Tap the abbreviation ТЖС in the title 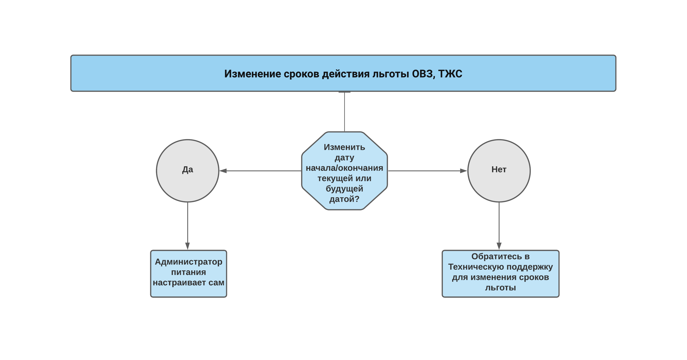450,74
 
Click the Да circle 188,171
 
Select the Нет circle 499,171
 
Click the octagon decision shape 344,171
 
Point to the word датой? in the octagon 344,199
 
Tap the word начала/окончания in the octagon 344,168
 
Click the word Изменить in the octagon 344,147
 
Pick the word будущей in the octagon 344,189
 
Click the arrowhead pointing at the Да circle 223,171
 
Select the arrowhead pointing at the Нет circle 464,171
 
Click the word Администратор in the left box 189,262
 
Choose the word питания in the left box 189,272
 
